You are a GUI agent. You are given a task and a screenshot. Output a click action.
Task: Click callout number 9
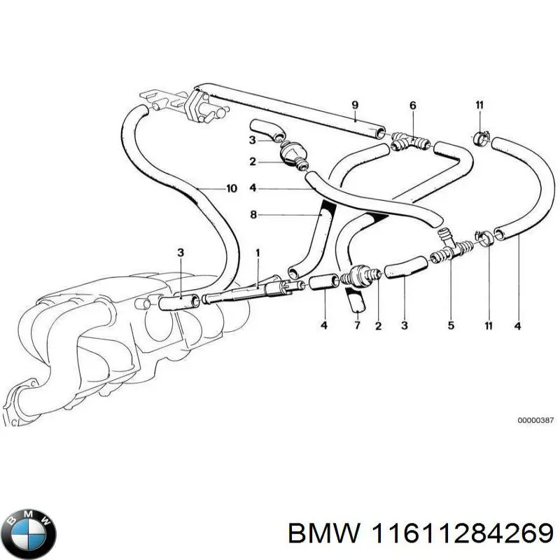[355, 106]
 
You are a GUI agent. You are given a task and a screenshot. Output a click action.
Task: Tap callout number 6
[413, 106]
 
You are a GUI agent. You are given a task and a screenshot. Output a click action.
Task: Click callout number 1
[258, 251]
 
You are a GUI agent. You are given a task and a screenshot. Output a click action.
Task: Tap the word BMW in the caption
[324, 533]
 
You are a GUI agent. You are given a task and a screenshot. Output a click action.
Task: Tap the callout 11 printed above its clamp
[479, 106]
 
